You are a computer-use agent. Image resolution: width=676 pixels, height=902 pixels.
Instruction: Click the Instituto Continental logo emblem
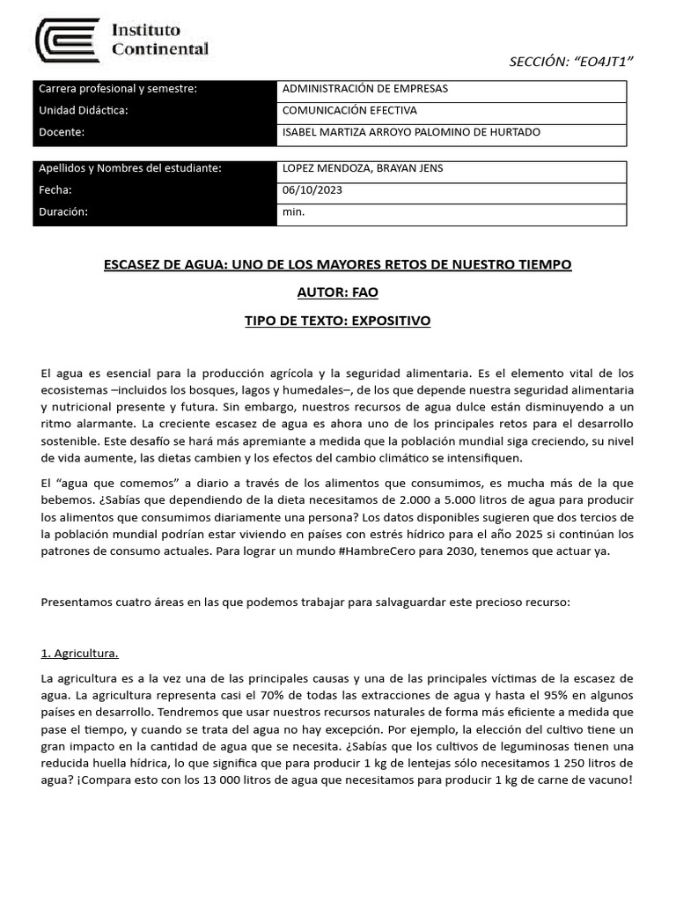coord(67,41)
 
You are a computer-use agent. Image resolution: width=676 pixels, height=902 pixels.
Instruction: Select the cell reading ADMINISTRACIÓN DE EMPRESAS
coord(364,89)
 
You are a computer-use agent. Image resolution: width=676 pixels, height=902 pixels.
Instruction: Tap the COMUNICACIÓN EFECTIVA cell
coord(349,111)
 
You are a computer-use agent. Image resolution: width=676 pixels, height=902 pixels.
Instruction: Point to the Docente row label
coord(62,132)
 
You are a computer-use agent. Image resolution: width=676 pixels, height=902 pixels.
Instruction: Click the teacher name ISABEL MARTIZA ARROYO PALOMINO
coord(410,132)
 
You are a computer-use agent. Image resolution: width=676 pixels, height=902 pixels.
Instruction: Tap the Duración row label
coord(64,212)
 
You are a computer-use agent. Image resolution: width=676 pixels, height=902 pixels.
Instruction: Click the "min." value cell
coord(293,212)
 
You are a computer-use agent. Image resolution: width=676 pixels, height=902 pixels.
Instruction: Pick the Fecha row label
coord(55,190)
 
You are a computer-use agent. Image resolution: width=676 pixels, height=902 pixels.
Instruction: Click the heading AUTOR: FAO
coord(337,292)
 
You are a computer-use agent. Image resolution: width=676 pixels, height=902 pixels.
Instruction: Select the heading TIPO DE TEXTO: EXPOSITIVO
coord(337,321)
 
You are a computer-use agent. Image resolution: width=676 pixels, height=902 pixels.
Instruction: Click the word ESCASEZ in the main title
coord(136,264)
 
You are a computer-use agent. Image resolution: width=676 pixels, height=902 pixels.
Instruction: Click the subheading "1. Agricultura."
coord(79,654)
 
